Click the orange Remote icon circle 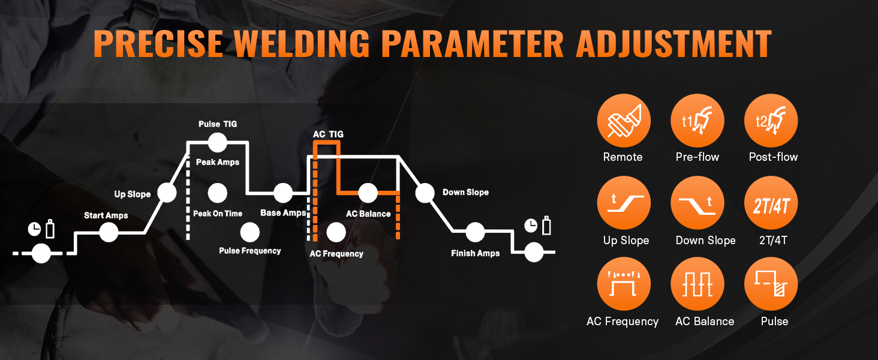624,121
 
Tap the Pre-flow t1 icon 697,121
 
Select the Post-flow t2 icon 771,121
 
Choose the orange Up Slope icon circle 624,203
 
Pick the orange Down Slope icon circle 697,203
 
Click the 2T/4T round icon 771,203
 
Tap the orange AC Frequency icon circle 624,284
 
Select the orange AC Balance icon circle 697,284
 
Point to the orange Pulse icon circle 771,284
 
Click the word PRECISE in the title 158,44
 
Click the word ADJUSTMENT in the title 673,44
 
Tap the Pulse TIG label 218,124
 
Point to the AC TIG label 328,134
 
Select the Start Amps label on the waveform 106,215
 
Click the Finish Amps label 475,253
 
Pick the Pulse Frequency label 249,251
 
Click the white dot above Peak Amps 218,142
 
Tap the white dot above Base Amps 283,193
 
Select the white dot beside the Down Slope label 425,193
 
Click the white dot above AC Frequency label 336,233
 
